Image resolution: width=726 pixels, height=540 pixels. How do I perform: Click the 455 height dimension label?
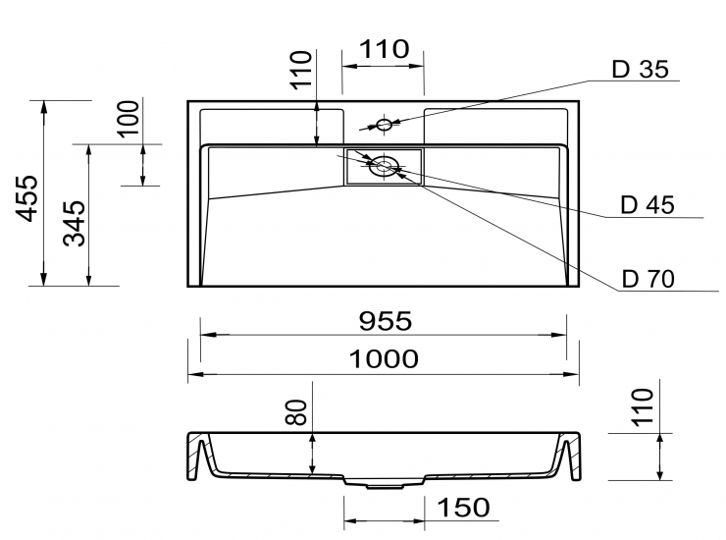point(26,198)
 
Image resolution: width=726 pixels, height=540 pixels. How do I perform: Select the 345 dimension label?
point(75,224)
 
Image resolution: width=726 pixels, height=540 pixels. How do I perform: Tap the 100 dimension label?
point(129,118)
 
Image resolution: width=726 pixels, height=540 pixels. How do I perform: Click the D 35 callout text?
point(641,69)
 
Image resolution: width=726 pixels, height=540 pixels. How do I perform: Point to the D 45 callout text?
point(648,205)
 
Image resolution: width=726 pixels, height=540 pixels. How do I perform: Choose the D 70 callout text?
point(648,279)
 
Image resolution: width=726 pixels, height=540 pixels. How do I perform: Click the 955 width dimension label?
point(386,321)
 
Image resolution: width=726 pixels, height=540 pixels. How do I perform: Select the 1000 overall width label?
point(384,358)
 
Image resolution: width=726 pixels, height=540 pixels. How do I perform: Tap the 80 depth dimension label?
point(296,412)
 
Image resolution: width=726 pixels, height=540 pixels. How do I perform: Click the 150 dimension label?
point(463,507)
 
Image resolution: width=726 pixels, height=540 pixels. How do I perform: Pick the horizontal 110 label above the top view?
point(385,49)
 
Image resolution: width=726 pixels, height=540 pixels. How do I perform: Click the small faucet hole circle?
point(384,125)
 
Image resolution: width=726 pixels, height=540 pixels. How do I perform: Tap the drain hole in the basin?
point(384,166)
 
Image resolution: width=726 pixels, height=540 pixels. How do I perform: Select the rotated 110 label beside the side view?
point(643,407)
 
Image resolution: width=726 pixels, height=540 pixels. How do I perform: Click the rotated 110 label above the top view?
point(301,70)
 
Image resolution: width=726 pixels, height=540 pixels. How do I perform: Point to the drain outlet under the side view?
point(384,486)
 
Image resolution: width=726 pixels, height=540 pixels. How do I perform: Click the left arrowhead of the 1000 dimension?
point(195,374)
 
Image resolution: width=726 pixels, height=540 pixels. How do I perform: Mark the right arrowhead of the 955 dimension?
point(559,335)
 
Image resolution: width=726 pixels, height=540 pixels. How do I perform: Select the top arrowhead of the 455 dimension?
point(44,108)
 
